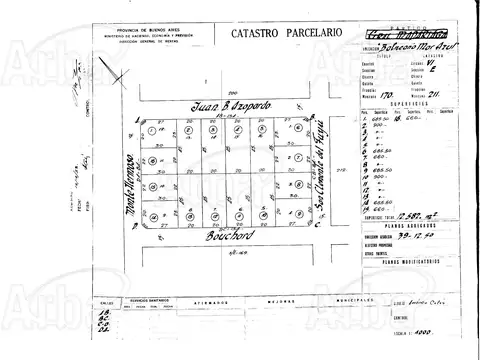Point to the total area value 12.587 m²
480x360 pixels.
pyautogui.click(x=394, y=215)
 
